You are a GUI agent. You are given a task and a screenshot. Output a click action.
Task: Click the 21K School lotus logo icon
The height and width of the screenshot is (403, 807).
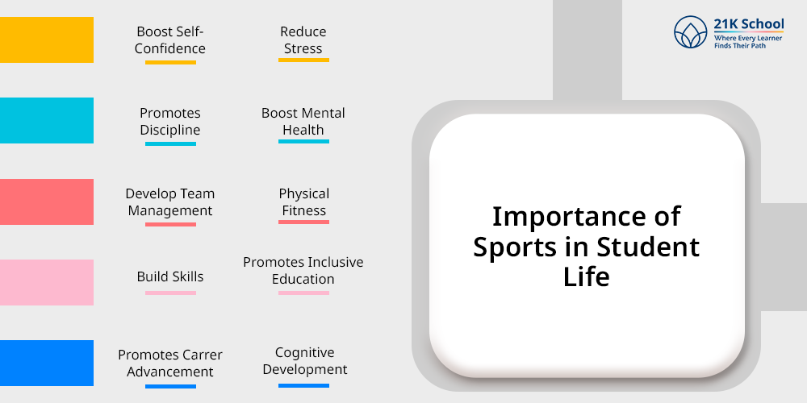tap(691, 32)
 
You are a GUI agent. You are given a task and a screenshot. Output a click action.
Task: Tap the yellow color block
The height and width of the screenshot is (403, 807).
tap(47, 39)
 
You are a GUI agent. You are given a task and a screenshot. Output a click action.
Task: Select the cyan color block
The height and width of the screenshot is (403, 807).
tap(47, 120)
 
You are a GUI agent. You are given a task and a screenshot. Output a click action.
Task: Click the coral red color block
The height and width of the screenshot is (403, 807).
tap(47, 201)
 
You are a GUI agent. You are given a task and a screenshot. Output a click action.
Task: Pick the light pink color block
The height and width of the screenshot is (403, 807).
tap(47, 282)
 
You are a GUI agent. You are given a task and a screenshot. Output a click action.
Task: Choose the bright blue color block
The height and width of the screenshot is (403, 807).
tap(47, 363)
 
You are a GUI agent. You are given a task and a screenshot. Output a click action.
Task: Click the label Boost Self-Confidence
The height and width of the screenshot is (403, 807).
tap(170, 40)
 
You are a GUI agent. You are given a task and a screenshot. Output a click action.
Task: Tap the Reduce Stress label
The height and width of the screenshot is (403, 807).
tap(303, 40)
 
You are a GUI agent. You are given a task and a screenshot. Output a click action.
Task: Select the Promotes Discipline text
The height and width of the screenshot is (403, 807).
tap(170, 122)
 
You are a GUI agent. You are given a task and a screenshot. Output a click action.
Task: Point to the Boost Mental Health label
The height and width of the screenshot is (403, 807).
tap(303, 122)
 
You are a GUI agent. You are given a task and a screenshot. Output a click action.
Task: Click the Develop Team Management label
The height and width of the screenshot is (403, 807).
tap(170, 202)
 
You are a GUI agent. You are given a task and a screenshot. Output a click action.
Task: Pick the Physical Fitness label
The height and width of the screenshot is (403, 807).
tap(303, 202)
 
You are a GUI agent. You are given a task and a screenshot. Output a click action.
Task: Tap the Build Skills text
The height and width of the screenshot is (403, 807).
tap(170, 276)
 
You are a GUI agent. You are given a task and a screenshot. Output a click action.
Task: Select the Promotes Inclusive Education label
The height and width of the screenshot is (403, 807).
tap(303, 270)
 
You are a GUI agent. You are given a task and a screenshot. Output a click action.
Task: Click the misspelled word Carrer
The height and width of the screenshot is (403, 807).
tap(204, 355)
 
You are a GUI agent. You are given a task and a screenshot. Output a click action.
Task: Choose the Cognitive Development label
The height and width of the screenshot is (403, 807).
tap(305, 361)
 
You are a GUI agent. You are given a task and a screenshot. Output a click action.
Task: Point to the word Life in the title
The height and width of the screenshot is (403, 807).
tap(587, 276)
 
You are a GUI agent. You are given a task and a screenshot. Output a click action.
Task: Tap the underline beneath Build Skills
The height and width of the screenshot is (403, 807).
tap(170, 293)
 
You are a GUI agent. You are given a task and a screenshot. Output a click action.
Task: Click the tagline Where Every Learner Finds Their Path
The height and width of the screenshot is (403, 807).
tap(748, 42)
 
